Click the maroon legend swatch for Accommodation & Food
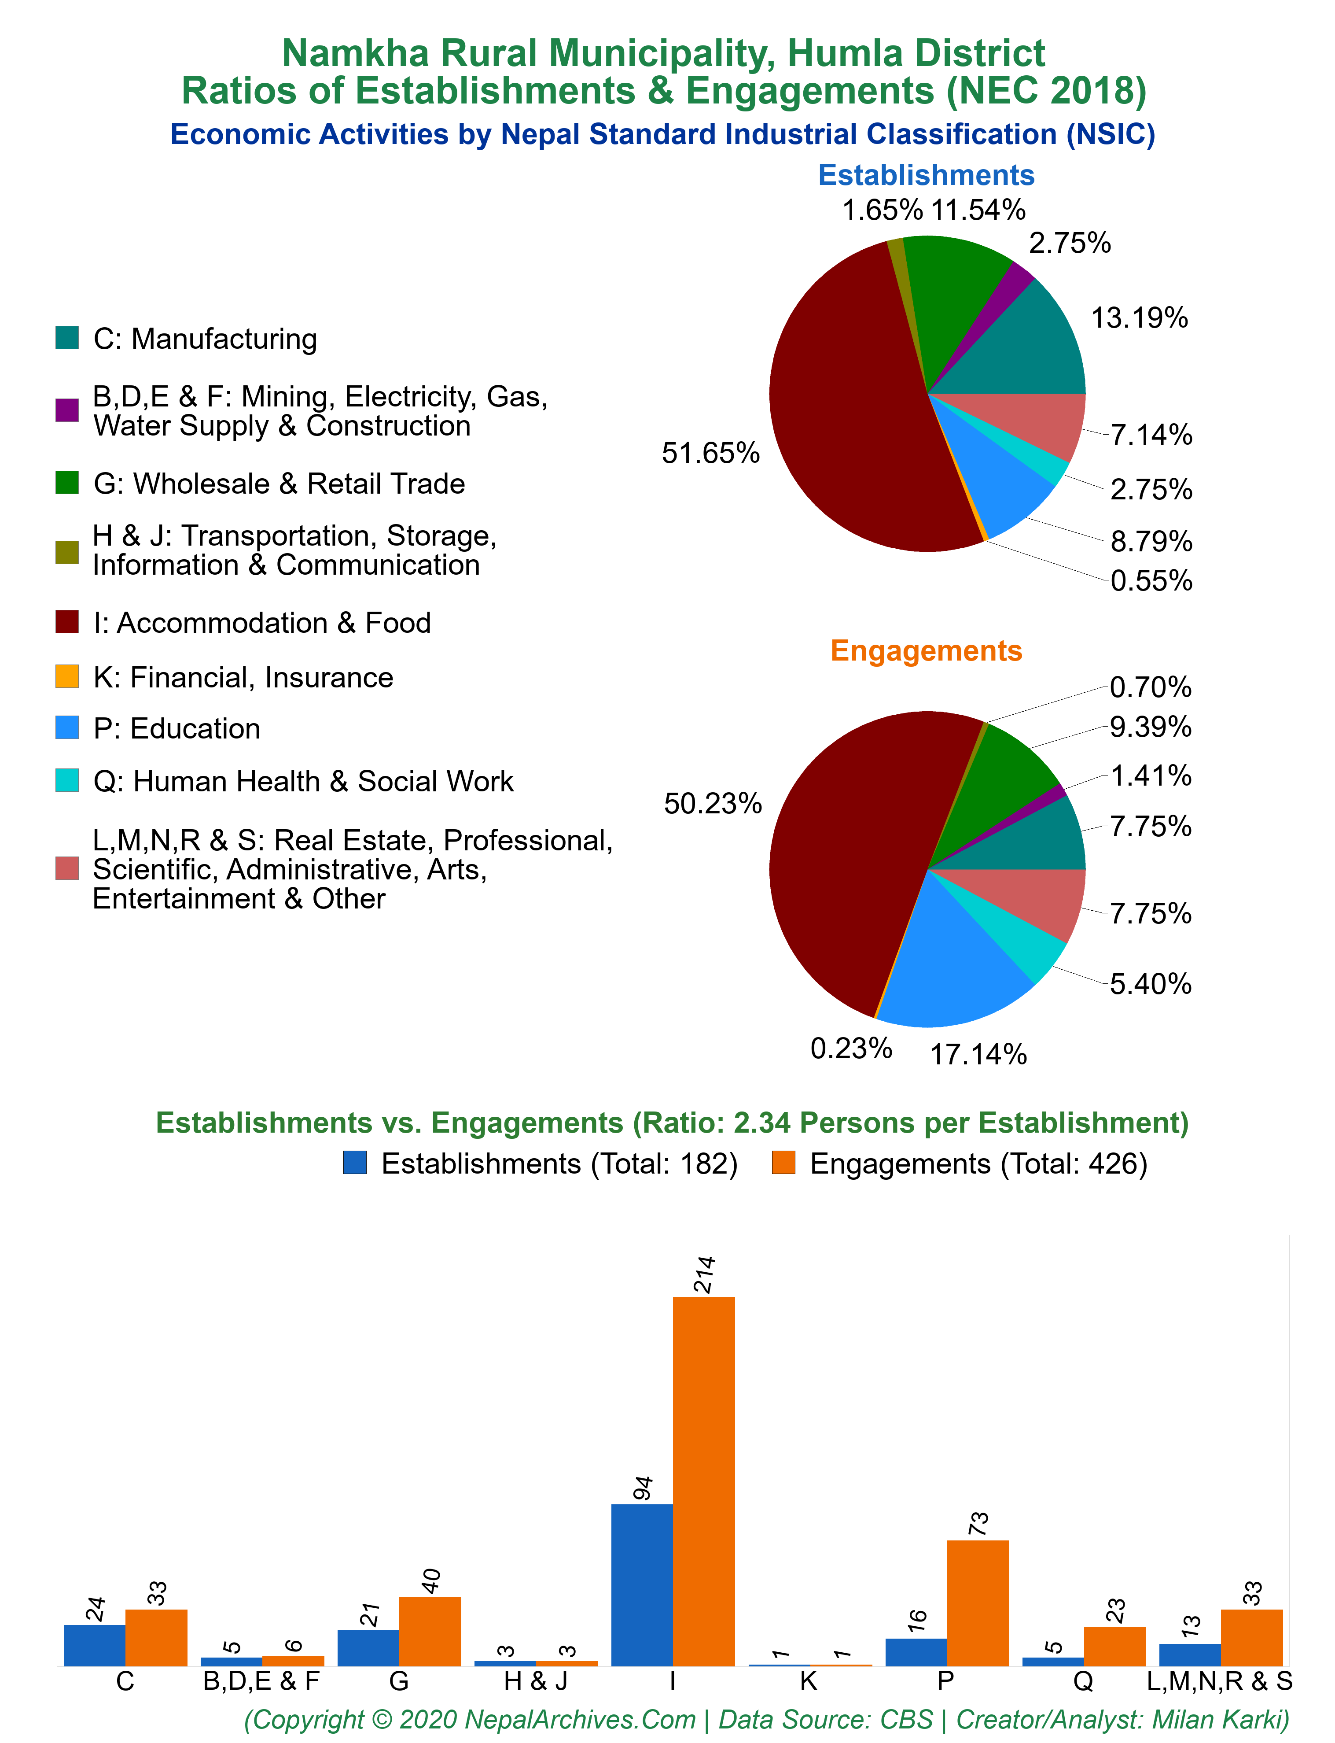coord(67,622)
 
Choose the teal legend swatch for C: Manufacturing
coord(67,338)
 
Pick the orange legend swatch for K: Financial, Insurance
coord(67,677)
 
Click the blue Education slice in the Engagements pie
coord(957,966)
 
